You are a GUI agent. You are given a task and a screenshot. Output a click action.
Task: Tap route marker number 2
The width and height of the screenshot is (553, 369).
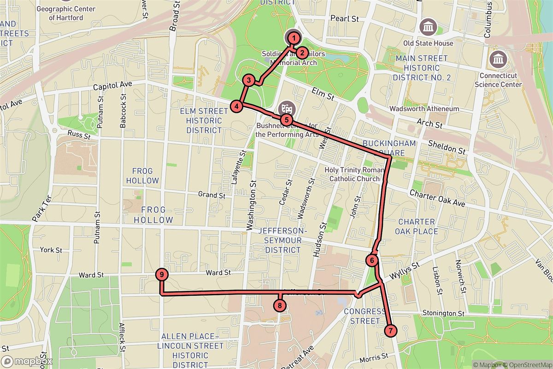(302, 53)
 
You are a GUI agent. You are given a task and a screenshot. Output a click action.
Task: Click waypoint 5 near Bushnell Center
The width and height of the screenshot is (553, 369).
(287, 119)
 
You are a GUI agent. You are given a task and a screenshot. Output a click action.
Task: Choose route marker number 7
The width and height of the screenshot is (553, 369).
(390, 331)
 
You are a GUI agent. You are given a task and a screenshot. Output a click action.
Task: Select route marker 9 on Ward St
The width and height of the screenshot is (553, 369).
(161, 274)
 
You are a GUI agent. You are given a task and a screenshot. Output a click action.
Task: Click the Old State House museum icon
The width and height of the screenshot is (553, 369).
(428, 26)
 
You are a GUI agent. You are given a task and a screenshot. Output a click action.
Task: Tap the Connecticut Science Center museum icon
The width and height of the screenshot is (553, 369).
(498, 59)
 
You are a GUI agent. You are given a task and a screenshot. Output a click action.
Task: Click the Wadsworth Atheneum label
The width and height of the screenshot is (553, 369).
(424, 109)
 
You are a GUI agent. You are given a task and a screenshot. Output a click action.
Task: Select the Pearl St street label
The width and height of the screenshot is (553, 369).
(345, 19)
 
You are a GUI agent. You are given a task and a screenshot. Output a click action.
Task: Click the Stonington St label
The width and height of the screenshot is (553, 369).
(443, 314)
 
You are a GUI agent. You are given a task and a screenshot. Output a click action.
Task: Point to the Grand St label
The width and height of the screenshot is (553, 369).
(212, 195)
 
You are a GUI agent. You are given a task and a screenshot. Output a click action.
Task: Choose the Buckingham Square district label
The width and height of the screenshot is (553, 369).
(389, 148)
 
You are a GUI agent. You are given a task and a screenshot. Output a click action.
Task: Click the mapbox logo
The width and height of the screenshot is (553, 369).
(27, 361)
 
